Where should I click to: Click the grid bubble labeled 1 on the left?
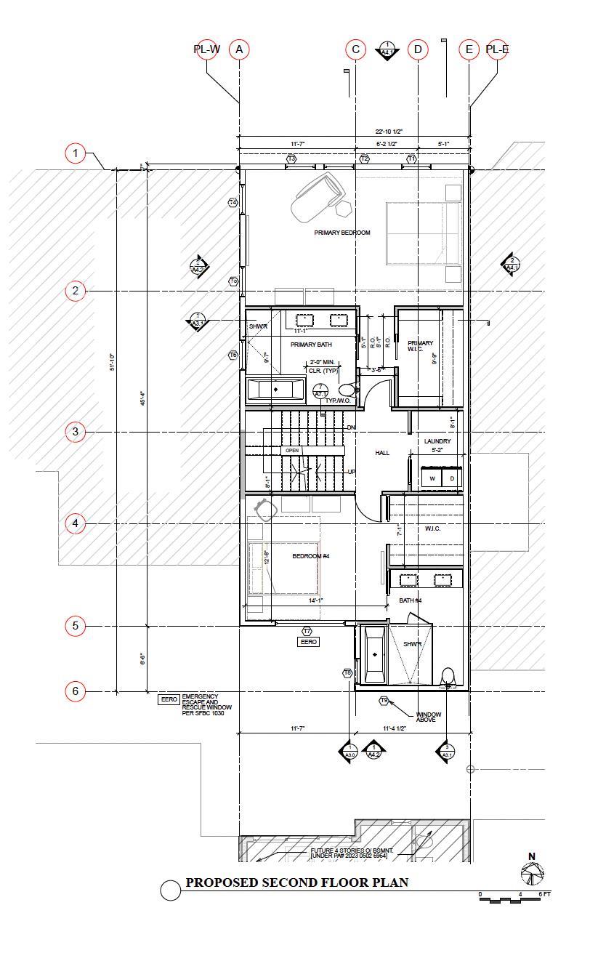[76, 154]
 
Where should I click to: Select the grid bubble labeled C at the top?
[355, 49]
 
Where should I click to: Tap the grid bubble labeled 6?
[76, 691]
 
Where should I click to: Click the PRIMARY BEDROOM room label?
[342, 233]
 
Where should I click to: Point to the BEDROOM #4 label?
[311, 556]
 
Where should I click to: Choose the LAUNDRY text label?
[437, 441]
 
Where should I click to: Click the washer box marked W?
[432, 478]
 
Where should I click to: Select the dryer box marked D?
[452, 478]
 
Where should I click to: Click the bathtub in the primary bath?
[275, 390]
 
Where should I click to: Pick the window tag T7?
[307, 631]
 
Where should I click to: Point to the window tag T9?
[384, 700]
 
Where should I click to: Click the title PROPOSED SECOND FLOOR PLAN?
[296, 882]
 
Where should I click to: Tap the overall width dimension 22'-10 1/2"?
[389, 132]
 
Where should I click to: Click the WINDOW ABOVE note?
[429, 717]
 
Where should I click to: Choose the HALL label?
[382, 453]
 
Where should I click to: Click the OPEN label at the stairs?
[292, 451]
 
